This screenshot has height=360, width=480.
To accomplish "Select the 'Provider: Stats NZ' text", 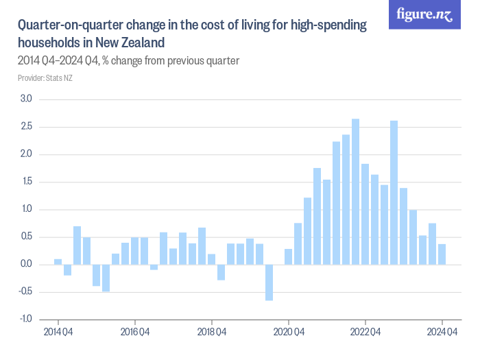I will click(45, 77).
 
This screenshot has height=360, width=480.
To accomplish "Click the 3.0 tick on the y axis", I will click(27, 99).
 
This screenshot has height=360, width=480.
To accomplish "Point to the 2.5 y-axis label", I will click(27, 127).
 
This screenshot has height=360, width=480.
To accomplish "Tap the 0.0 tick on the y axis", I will click(27, 264).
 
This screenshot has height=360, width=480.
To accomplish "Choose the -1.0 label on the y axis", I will click(25, 319).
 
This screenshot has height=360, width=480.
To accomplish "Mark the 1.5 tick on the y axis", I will click(27, 182).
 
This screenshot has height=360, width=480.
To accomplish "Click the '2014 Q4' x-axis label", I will click(58, 333).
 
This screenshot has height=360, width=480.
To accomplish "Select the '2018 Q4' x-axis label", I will click(212, 333).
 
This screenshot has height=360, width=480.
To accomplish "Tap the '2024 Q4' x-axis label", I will click(442, 333).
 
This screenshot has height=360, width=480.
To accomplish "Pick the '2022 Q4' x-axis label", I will click(365, 333).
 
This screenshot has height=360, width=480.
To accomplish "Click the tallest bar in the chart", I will click(356, 191).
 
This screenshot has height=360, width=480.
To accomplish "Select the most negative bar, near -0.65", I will click(269, 282).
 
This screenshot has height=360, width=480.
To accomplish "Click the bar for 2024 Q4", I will click(442, 254).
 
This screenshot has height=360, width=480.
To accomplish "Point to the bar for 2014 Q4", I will click(58, 261).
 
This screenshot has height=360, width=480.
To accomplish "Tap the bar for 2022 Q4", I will click(365, 214).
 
